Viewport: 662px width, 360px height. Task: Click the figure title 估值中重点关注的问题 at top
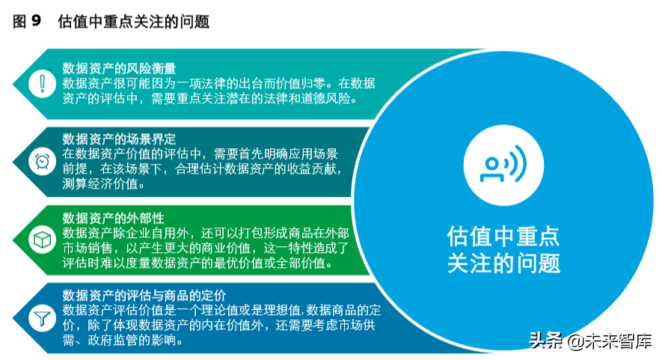(x=133, y=22)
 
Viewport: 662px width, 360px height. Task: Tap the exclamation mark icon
(x=42, y=83)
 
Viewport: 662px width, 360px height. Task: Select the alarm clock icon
(x=42, y=161)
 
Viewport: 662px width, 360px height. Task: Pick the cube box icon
(x=42, y=240)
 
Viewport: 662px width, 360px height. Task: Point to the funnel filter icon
(x=42, y=317)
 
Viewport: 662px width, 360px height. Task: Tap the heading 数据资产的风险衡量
(x=119, y=68)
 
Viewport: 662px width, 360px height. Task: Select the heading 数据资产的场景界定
(x=119, y=138)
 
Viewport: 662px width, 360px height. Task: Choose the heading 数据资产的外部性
(x=113, y=218)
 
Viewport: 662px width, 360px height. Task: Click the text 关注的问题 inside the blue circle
(x=504, y=263)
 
